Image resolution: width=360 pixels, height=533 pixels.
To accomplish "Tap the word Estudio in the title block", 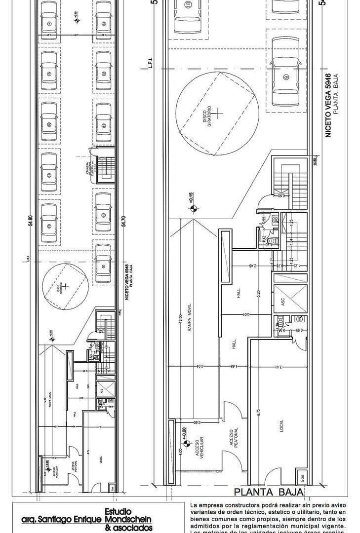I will point(118,511).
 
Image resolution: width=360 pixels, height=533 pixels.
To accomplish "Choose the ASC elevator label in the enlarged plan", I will point(283,301).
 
